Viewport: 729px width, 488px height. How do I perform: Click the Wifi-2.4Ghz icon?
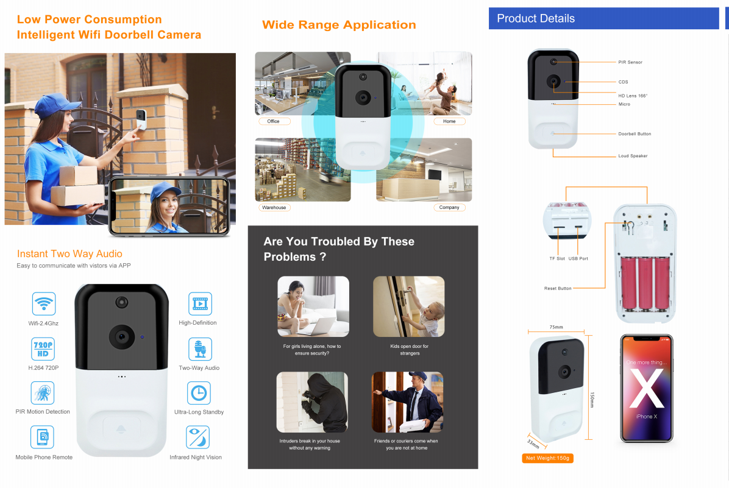click(44, 304)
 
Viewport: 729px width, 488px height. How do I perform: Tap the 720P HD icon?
click(43, 349)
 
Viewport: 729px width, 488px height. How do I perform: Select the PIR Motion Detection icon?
click(43, 393)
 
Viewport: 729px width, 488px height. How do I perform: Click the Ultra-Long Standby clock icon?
click(199, 393)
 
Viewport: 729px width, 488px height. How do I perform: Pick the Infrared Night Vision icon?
click(198, 437)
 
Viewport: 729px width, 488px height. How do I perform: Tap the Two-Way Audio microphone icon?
click(200, 349)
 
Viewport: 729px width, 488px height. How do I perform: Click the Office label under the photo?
click(274, 121)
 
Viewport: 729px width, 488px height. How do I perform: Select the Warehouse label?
click(274, 208)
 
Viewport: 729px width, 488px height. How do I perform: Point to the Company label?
click(449, 208)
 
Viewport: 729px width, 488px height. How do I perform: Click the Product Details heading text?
click(536, 19)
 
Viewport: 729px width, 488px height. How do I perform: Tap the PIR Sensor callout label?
click(630, 62)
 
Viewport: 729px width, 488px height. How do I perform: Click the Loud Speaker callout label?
click(633, 156)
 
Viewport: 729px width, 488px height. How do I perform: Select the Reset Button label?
click(558, 289)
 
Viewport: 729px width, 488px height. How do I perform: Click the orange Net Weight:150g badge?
click(548, 458)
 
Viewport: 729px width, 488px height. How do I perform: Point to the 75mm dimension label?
click(556, 327)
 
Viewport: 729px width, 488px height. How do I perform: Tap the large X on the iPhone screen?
click(647, 387)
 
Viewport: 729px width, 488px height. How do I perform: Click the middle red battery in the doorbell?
click(645, 283)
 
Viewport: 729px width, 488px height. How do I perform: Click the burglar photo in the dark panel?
click(312, 402)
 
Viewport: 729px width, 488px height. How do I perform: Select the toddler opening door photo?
click(408, 306)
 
